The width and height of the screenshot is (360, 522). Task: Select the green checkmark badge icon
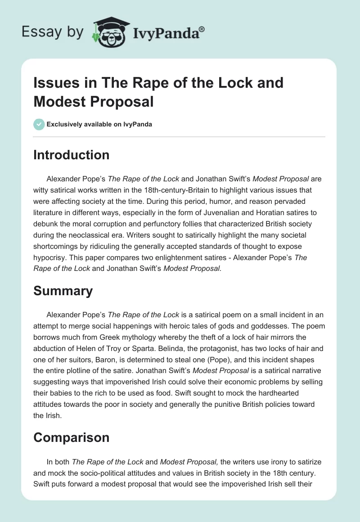(x=39, y=124)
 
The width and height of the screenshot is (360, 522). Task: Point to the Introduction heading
(x=71, y=155)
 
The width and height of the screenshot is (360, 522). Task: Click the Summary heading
(x=63, y=291)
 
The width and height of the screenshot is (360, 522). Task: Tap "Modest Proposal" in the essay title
(x=94, y=101)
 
